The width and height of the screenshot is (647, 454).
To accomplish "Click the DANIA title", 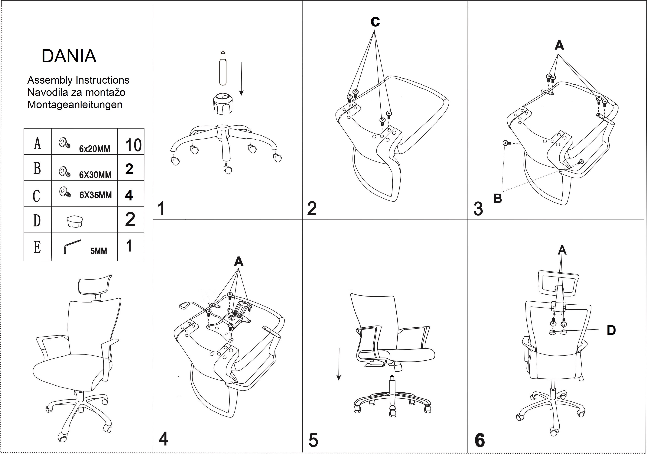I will tap(69, 56).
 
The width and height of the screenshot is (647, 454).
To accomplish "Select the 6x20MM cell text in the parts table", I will tap(94, 148).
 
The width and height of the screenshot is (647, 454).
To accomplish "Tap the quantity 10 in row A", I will tap(133, 145).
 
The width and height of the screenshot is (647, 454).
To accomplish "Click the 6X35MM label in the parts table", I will tap(95, 195).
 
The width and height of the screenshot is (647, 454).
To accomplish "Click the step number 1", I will tap(161, 209).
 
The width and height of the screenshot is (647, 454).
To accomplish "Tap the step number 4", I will tap(163, 439).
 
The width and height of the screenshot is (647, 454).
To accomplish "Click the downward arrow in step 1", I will tap(242, 79).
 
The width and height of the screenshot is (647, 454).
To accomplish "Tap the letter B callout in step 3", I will tap(498, 198).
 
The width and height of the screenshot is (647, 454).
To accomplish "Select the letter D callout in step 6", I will tap(611, 330).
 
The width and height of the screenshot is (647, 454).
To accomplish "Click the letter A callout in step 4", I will tap(238, 262).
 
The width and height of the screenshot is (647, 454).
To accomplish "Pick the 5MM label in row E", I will tap(99, 251).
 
